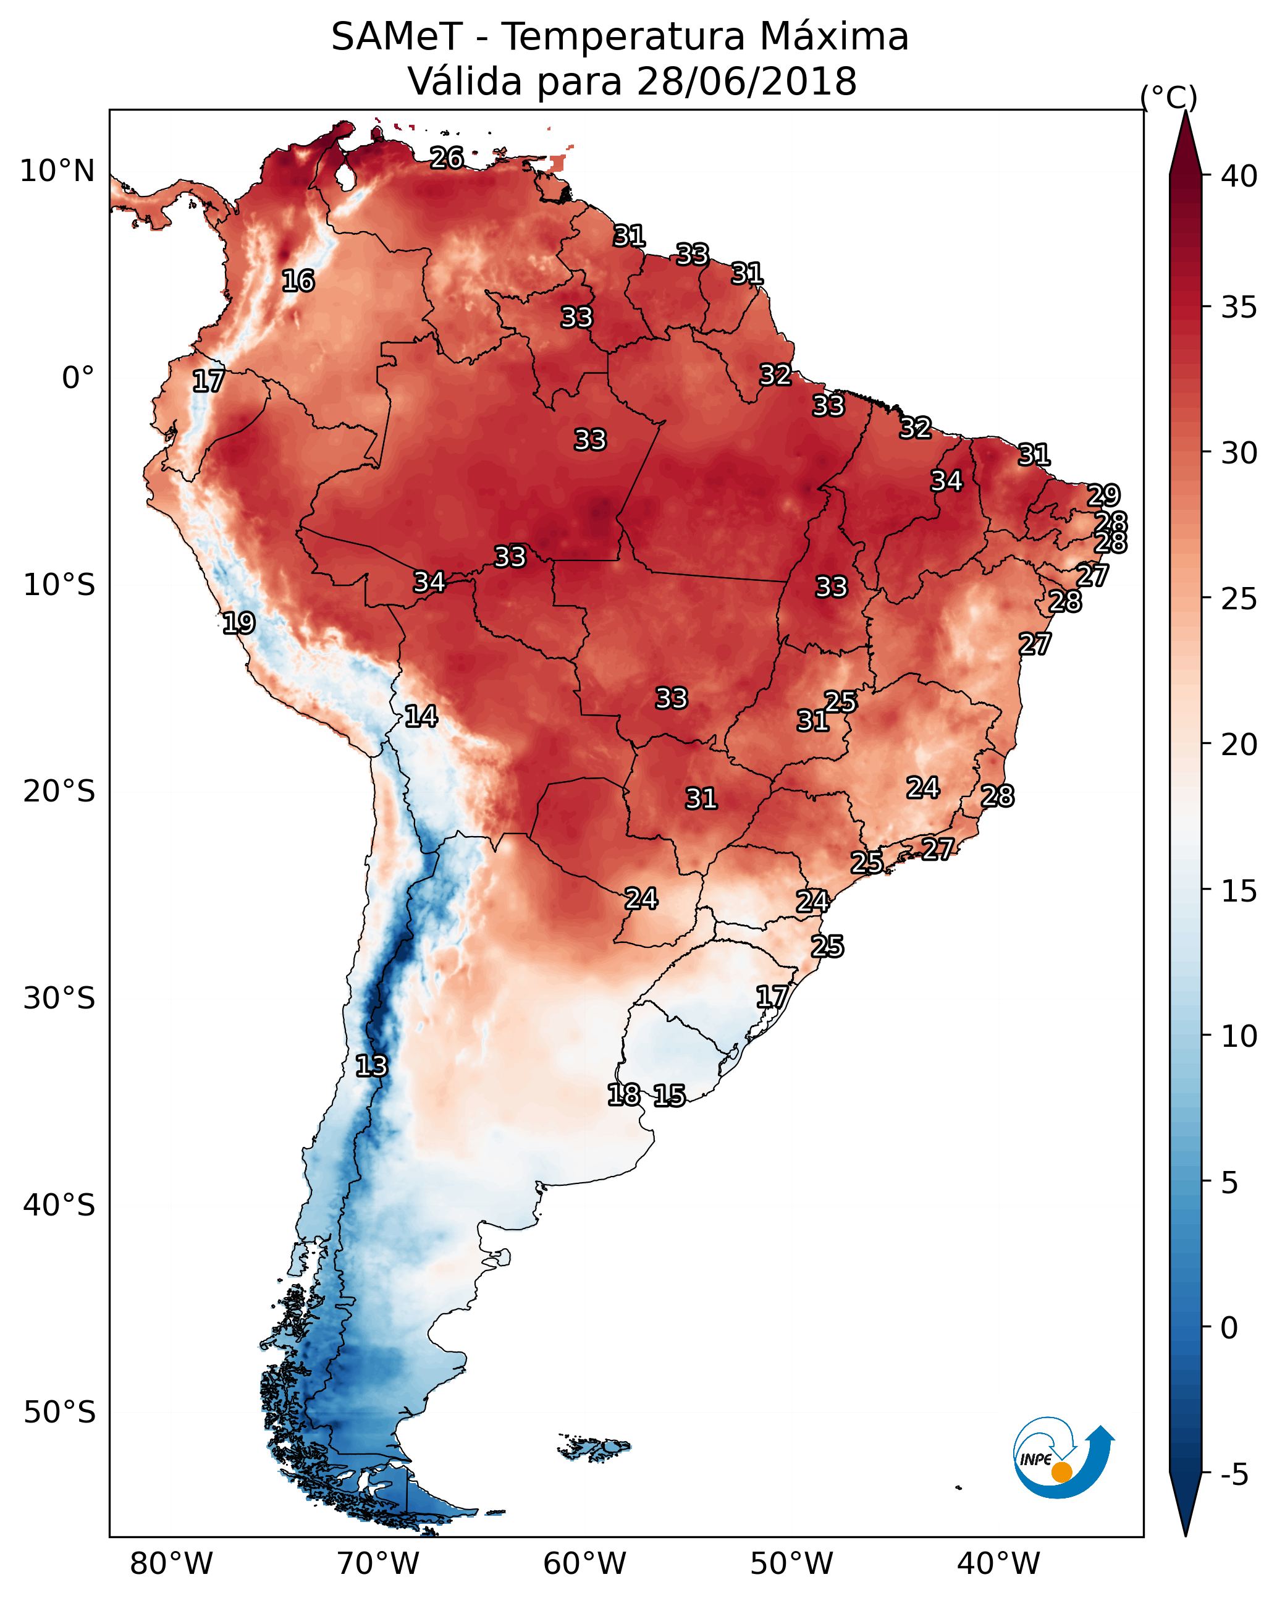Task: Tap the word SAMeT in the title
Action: click(397, 37)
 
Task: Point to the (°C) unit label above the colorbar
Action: click(1168, 97)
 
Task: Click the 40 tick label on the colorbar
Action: click(1239, 176)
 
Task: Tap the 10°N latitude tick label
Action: click(57, 171)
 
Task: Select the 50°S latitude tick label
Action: click(59, 1413)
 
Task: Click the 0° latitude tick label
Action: click(78, 378)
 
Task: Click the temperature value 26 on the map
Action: click(447, 158)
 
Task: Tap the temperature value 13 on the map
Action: click(371, 1066)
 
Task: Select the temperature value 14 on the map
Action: click(421, 716)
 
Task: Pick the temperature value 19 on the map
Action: click(238, 623)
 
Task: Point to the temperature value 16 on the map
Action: click(298, 281)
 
